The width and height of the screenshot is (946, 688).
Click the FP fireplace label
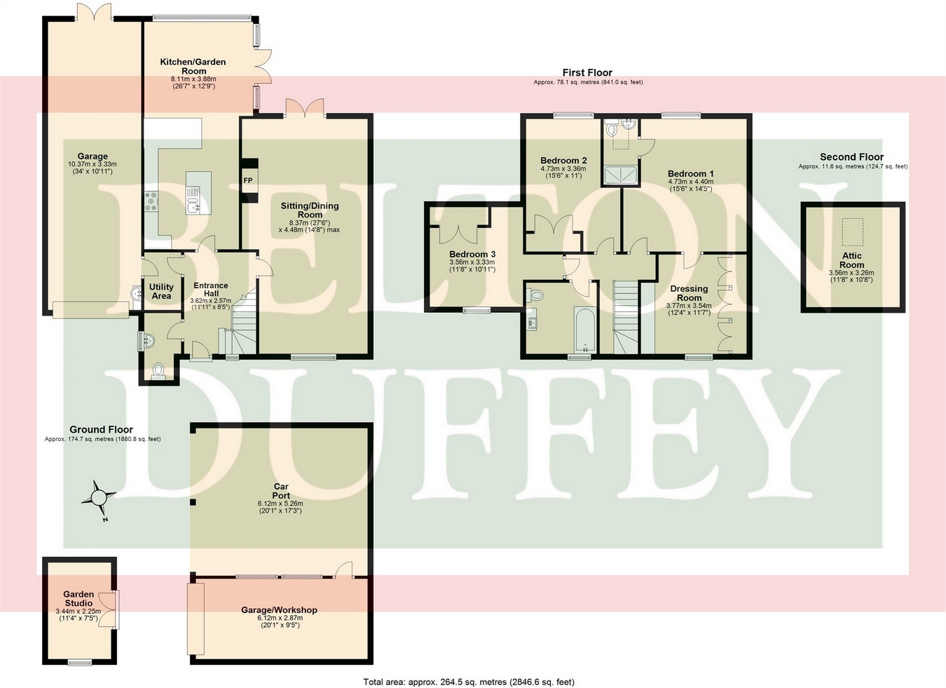coord(248,180)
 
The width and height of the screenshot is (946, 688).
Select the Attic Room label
coord(852,260)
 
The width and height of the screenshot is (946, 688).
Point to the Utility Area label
coord(161,291)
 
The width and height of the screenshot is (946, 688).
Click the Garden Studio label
coord(78,598)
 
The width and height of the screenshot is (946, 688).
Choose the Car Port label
coord(280,491)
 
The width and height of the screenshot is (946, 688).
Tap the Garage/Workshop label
coord(279,610)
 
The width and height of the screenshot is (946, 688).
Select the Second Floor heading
coord(851,157)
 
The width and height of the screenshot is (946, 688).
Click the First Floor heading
coord(587,72)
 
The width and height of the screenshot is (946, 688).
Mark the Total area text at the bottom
coord(469,682)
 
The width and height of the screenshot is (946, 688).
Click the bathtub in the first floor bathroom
coord(584,329)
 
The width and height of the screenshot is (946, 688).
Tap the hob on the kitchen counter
coord(151,202)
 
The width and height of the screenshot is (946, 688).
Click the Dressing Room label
coord(689,293)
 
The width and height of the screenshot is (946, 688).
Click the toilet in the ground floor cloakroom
coord(158,370)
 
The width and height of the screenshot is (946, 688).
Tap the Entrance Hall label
coord(211,290)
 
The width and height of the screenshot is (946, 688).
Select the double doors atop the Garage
coord(94,12)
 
